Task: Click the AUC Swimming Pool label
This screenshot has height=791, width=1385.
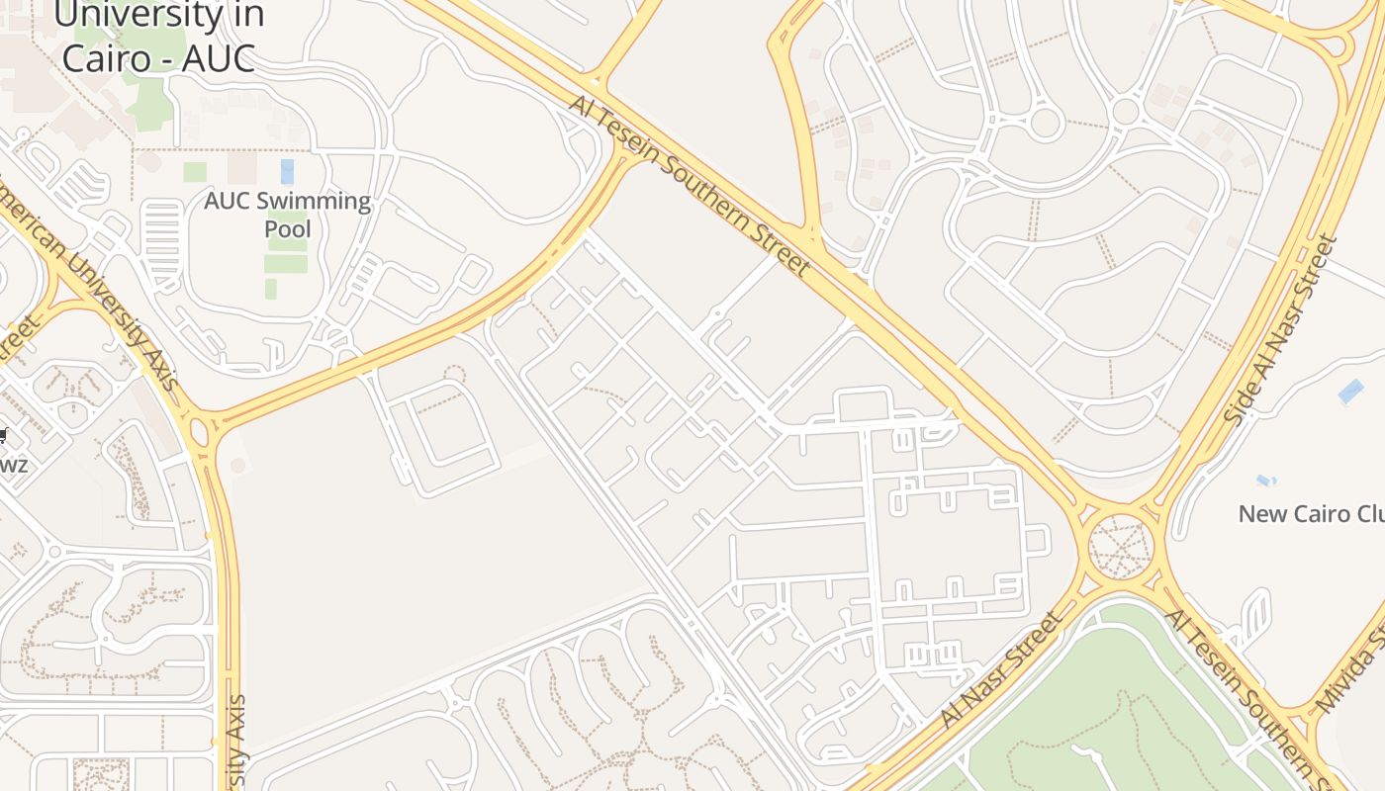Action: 287,215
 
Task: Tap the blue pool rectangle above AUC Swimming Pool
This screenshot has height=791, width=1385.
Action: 287,171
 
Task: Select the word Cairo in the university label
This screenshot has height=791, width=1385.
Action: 103,56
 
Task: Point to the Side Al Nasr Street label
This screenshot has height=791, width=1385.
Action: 1281,329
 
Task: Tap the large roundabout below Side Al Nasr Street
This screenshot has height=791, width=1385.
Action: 1121,545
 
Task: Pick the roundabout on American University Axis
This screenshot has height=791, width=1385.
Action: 202,431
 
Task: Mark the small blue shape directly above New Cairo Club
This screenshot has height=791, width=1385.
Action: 1265,481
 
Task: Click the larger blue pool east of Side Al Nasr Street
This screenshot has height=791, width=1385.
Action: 1350,392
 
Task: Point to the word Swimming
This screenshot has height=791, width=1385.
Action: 315,201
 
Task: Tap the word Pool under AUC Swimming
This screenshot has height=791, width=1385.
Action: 287,229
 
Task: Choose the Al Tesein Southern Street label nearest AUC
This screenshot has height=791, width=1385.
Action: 690,185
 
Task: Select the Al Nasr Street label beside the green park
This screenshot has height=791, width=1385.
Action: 1001,669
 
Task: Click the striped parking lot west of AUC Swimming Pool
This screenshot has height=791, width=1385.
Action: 162,237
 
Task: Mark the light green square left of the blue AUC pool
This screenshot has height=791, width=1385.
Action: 195,172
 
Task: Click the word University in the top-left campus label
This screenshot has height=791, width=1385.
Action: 158,15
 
